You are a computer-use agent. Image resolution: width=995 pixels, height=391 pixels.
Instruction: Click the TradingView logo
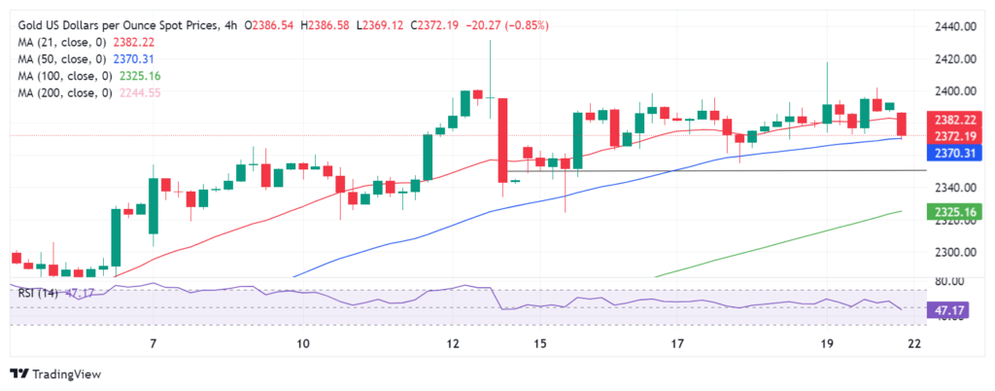point(56,373)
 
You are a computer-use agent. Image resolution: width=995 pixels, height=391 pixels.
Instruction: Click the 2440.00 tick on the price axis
point(954,27)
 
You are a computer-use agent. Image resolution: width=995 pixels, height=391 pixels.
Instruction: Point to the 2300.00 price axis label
point(954,253)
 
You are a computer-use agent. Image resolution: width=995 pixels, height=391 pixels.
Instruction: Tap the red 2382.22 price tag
point(953,120)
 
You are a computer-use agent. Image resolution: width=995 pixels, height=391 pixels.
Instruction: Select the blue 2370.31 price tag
point(953,153)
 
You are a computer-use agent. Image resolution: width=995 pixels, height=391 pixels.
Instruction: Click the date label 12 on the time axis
point(453,344)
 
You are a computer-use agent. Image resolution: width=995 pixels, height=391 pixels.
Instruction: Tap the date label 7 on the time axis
point(153,344)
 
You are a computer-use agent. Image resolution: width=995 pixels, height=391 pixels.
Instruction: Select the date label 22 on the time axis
point(913,344)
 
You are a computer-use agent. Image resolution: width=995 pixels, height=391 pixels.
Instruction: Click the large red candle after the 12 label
point(503,139)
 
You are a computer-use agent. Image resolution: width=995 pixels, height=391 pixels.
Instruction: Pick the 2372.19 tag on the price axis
point(953,135)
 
